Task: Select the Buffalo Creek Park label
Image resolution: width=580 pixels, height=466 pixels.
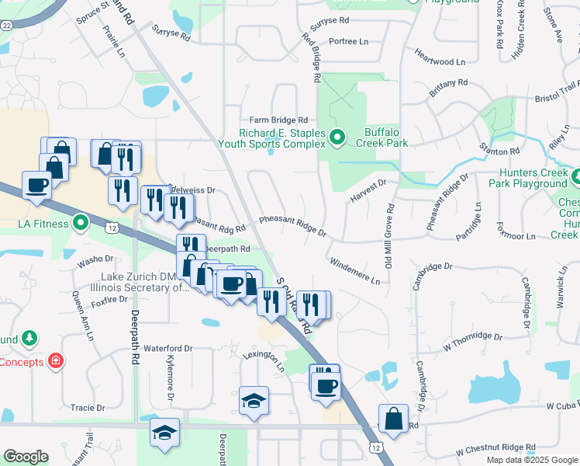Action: tap(381, 143)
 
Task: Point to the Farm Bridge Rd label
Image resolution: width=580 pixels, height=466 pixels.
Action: tap(278, 120)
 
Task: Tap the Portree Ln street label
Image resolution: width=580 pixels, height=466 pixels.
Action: tap(338, 40)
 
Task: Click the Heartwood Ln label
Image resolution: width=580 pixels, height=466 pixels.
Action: tap(440, 60)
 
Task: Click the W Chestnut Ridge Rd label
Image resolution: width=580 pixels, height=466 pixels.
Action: tap(496, 449)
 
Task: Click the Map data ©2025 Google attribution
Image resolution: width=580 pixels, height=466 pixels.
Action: tap(531, 460)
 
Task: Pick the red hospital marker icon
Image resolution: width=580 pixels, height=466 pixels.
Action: tap(55, 360)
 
